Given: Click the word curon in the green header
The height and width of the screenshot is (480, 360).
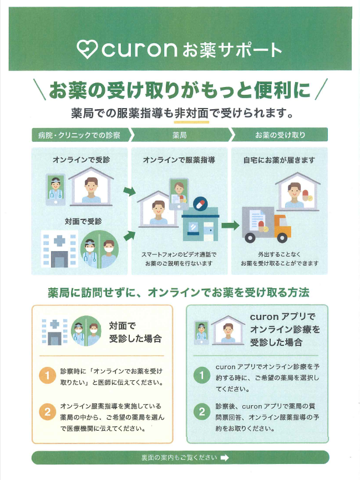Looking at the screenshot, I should [x=139, y=49].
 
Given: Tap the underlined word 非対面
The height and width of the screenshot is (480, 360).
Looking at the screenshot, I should [x=191, y=113].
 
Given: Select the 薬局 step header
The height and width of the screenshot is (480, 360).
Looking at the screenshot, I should [x=179, y=135].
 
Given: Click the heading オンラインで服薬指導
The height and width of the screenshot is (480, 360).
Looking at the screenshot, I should [x=179, y=160].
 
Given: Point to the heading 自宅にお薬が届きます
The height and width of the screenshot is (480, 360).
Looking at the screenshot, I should [x=279, y=160].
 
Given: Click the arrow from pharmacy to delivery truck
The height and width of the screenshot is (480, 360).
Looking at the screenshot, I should [x=230, y=226].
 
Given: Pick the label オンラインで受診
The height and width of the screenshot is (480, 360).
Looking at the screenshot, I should [x=81, y=160].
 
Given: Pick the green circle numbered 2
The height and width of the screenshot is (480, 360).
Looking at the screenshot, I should [x=201, y=412].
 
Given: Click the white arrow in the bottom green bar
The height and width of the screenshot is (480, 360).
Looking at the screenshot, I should [x=224, y=458].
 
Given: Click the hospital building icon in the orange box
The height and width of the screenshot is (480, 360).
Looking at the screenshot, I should [x=55, y=331].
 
